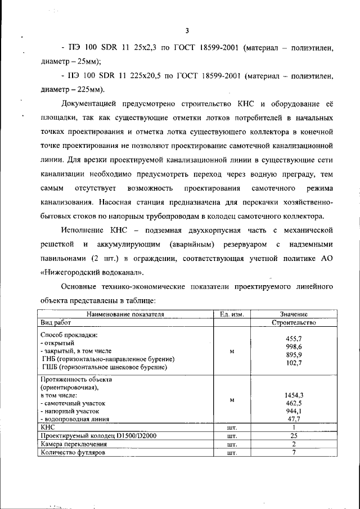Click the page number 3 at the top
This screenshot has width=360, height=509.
(186, 30)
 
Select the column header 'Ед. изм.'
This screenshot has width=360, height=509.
(231, 315)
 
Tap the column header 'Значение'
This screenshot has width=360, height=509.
(293, 315)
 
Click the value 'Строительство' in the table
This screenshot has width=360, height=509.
(293, 323)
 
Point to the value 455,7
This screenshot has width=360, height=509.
(294, 339)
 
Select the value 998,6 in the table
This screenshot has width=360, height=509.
(294, 348)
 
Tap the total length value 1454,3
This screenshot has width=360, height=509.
(294, 395)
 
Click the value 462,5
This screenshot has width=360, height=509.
(294, 403)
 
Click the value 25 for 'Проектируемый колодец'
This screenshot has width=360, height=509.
(294, 435)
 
